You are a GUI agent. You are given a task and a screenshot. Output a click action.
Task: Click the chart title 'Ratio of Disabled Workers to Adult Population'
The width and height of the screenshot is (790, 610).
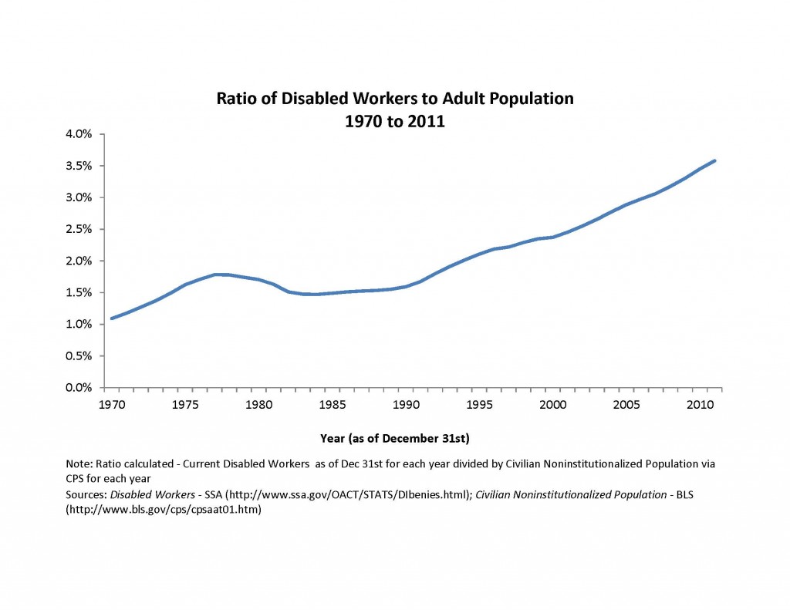coord(394,99)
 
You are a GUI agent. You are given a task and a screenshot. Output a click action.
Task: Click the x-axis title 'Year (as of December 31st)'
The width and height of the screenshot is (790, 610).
coord(394,438)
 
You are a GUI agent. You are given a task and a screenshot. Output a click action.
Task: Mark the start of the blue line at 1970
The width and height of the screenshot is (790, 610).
coord(112,318)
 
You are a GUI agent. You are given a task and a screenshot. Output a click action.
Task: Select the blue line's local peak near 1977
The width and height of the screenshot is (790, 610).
coord(216,275)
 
